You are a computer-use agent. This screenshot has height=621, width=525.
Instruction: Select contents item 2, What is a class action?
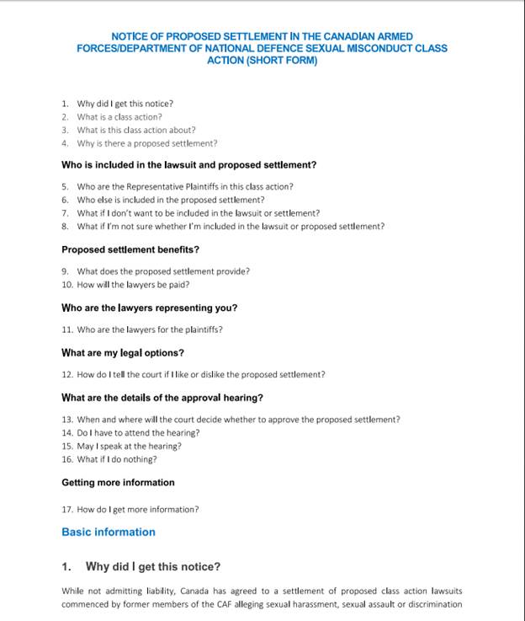point(119,117)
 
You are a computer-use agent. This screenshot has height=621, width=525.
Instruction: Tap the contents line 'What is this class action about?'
point(135,131)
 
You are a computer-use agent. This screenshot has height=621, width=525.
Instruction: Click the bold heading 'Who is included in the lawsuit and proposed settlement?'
point(188,165)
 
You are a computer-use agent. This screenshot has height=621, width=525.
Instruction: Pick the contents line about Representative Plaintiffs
point(184,187)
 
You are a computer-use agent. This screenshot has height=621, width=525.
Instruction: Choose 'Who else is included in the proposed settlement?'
point(170,201)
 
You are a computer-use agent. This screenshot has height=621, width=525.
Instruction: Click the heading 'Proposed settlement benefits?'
point(130,250)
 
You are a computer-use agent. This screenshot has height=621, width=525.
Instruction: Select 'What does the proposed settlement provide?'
point(162,271)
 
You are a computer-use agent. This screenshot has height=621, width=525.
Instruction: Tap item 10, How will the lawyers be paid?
point(132,285)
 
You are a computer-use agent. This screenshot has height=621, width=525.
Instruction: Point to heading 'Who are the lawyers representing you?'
point(149,308)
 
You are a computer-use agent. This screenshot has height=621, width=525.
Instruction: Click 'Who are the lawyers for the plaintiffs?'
point(149,329)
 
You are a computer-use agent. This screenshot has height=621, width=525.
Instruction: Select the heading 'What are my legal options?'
point(122,352)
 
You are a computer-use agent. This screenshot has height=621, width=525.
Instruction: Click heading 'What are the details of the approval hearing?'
point(162,398)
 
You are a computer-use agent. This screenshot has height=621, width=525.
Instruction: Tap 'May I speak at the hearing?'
point(129,446)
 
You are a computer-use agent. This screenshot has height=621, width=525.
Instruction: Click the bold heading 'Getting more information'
point(118,483)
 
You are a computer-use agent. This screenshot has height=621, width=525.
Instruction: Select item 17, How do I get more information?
point(137,510)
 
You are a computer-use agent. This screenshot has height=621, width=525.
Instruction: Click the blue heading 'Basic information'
point(109,533)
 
